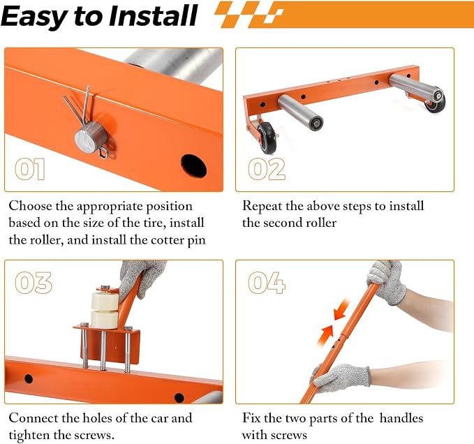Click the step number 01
click(30, 169)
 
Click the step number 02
click(267, 169)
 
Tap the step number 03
click(34, 283)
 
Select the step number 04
click(267, 283)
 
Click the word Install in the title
click(154, 16)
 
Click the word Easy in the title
click(36, 17)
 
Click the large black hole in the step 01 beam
click(194, 166)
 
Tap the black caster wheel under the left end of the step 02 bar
click(267, 138)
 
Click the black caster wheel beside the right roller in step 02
click(436, 103)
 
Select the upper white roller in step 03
click(105, 301)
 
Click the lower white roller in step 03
click(104, 320)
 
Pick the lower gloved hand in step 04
click(341, 378)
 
